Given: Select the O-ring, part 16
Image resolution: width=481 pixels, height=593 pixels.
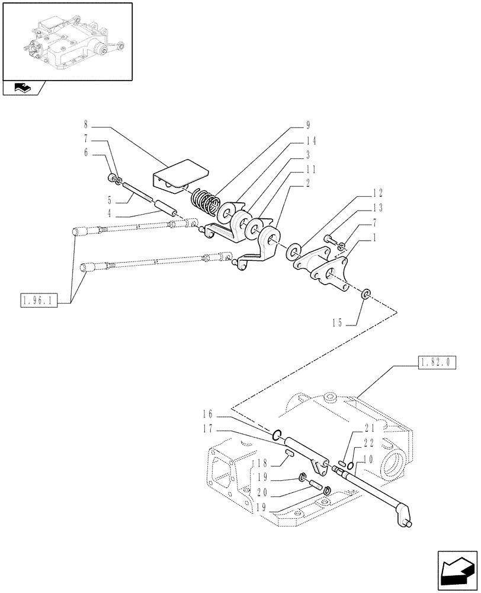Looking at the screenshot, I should click(x=277, y=438).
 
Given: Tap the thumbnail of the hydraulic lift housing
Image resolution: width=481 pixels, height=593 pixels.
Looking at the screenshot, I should click(x=66, y=41).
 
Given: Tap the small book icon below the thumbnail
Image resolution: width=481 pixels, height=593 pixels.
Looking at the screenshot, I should click(x=22, y=89).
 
